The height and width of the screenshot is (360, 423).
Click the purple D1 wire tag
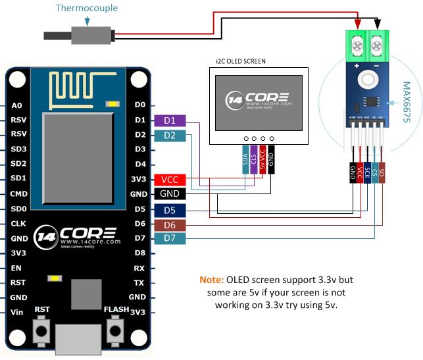(170, 120)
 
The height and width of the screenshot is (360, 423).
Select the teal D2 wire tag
(170, 136)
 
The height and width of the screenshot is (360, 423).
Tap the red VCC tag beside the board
(170, 180)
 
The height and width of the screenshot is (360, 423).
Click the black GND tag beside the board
(170, 194)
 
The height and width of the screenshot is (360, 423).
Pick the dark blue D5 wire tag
(170, 211)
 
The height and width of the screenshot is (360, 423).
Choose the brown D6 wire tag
(170, 225)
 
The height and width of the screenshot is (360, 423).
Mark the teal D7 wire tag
(170, 238)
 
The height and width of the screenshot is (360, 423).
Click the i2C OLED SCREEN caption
(245, 61)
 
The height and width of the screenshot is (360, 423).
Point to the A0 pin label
(17, 105)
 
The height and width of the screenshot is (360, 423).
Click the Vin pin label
(17, 312)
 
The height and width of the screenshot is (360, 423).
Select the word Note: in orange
(212, 280)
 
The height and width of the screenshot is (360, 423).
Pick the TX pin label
(139, 282)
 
